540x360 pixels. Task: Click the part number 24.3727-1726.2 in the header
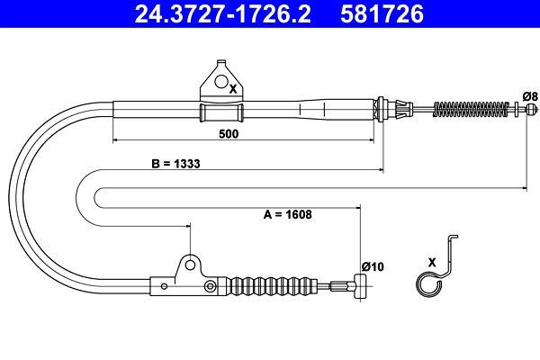[222, 13]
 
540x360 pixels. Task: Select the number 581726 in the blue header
[382, 13]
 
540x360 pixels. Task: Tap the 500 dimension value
[229, 134]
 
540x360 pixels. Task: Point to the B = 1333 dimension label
[175, 164]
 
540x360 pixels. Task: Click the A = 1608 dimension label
[288, 214]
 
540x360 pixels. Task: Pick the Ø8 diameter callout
[530, 96]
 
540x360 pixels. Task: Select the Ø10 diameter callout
[373, 266]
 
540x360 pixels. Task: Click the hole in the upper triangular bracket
[221, 81]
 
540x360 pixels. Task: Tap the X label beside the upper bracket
[233, 89]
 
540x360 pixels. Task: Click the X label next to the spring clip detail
[432, 262]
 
